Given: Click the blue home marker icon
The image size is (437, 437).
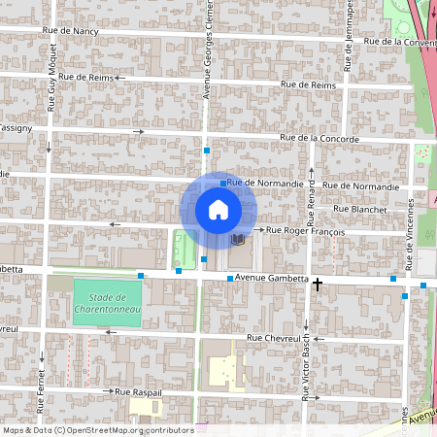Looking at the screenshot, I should tap(218, 210).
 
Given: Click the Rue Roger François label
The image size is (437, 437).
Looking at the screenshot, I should tap(306, 231).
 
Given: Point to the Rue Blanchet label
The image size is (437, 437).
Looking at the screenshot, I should tap(359, 209).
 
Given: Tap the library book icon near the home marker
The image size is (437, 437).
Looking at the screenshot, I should tap(238, 238).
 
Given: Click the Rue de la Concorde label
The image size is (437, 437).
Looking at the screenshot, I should tap(319, 140).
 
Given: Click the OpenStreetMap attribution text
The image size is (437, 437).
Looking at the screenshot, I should tap(97, 429).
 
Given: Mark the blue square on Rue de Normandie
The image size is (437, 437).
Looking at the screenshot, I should tap(223, 183).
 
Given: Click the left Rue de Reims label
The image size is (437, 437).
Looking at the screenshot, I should tap(86, 77).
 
